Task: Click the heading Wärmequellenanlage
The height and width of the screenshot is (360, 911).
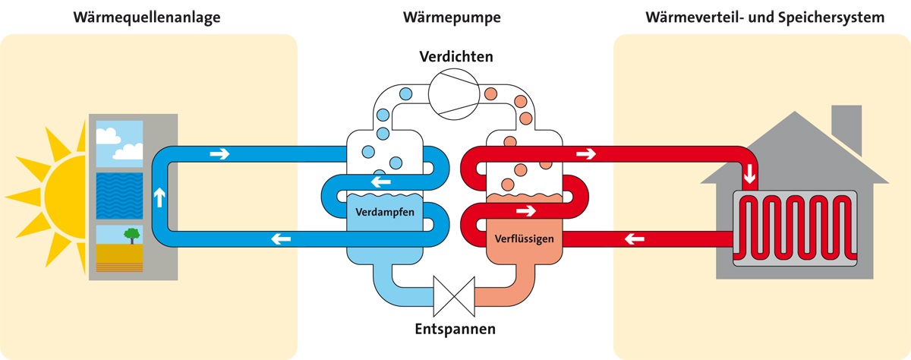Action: (x=147, y=17)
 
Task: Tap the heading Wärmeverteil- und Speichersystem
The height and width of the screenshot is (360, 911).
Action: (x=764, y=17)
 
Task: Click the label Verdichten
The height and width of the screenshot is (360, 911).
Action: (x=456, y=57)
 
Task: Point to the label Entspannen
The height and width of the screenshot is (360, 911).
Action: (x=455, y=330)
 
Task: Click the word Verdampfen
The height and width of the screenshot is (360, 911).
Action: (x=385, y=212)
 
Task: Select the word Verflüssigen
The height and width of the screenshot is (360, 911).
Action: (x=524, y=238)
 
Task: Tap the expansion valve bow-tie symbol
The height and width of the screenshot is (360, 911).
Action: (x=454, y=295)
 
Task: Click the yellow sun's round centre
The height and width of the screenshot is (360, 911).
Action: (x=64, y=193)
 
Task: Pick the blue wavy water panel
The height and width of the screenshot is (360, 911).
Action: (x=120, y=195)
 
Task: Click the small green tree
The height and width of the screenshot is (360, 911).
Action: (x=133, y=235)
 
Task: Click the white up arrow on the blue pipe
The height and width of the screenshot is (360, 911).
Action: (x=159, y=198)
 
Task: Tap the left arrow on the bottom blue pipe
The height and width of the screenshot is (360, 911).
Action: (x=281, y=240)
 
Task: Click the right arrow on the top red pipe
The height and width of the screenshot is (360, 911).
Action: (x=586, y=154)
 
